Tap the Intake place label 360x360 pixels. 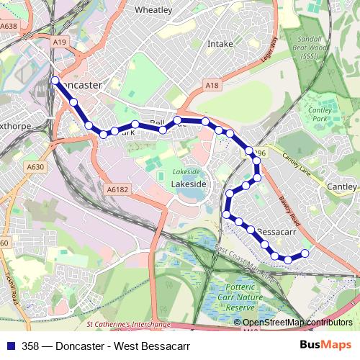220,44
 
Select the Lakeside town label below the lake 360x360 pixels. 189,184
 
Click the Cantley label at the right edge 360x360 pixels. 342,186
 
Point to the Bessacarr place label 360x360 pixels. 277,233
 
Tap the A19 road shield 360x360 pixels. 59,42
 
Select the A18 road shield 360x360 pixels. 211,86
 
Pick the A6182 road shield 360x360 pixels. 117,189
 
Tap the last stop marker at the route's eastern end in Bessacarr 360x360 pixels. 305,253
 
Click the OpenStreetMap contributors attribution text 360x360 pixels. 297,323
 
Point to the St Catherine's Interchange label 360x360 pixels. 127,325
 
